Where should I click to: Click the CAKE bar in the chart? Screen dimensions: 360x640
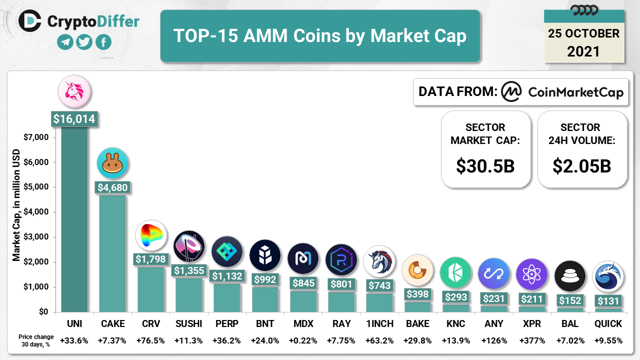[x=112, y=252]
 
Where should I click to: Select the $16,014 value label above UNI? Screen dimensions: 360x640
[x=74, y=119]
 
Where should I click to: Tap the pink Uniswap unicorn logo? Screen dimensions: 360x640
[x=74, y=91]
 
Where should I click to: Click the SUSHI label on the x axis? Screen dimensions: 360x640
[x=189, y=324]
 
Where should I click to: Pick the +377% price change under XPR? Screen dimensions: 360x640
[x=531, y=341]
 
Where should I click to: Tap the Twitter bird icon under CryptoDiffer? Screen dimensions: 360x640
[x=84, y=42]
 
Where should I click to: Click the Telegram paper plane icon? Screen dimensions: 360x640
[x=65, y=42]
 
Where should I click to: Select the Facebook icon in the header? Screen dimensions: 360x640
[x=103, y=42]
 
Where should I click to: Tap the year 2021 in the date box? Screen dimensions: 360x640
[x=583, y=51]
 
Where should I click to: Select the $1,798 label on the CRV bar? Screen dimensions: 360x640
[x=151, y=259]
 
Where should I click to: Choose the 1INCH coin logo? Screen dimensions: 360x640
[x=379, y=260]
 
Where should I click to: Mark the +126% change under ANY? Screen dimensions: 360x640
[x=493, y=341]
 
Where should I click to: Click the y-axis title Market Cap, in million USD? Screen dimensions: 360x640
[x=16, y=205]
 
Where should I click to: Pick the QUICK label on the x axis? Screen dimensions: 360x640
[x=608, y=324]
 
